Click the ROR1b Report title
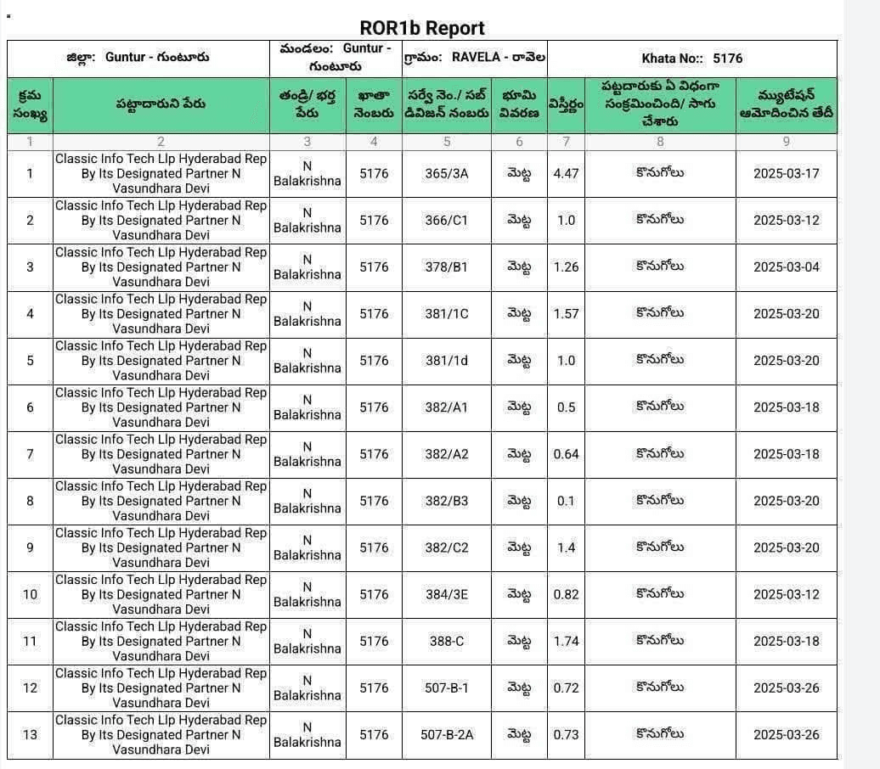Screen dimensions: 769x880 coord(422,28)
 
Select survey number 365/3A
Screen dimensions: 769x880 coord(447,173)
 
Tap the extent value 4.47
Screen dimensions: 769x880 coord(566,173)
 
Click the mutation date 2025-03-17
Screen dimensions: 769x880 coord(786,173)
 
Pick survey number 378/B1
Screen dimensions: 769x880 coord(447,267)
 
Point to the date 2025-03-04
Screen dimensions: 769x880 coord(786,267)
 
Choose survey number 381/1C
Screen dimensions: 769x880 coord(447,313)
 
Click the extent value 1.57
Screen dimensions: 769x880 coord(566,313)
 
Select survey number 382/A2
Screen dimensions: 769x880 coord(447,454)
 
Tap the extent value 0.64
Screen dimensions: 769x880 coord(566,454)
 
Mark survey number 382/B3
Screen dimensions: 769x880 coord(447,501)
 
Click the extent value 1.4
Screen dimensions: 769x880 coord(566,547)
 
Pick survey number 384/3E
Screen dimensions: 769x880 coord(447,594)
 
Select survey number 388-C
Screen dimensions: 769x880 coord(447,641)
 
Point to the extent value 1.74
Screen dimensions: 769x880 coord(566,641)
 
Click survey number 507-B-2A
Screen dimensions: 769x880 coord(447,734)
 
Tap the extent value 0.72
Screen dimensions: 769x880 coord(566,688)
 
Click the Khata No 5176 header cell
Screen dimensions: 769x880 coord(692,59)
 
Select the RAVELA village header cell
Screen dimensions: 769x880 coord(475,58)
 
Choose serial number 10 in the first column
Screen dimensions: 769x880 coord(30,594)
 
